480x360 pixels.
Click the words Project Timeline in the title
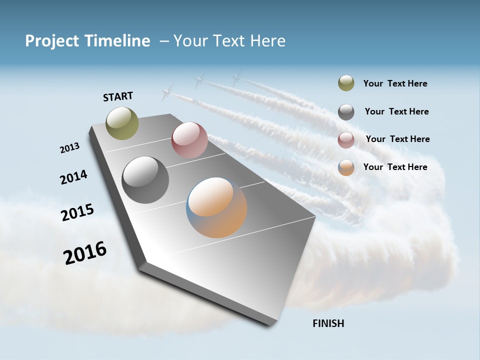[x=87, y=41]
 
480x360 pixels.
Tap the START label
[x=118, y=96]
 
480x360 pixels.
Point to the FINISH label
[x=328, y=323]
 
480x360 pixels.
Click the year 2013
[x=69, y=148]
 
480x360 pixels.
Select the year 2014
[x=73, y=177]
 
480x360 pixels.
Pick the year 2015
[x=77, y=212]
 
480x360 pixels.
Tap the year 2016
[x=85, y=253]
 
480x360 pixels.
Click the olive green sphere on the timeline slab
[x=122, y=123]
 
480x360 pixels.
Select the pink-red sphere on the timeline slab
[x=189, y=140]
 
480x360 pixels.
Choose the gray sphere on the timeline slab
[x=145, y=180]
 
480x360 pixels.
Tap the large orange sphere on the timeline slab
[x=216, y=207]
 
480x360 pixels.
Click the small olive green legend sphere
[x=346, y=83]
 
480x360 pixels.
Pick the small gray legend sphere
[x=346, y=112]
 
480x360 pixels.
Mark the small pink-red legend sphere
[x=346, y=140]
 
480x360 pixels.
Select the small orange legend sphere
[x=346, y=167]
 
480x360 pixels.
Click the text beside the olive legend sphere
[x=395, y=84]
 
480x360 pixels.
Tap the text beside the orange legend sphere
[x=395, y=167]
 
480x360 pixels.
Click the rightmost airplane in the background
[x=236, y=77]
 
